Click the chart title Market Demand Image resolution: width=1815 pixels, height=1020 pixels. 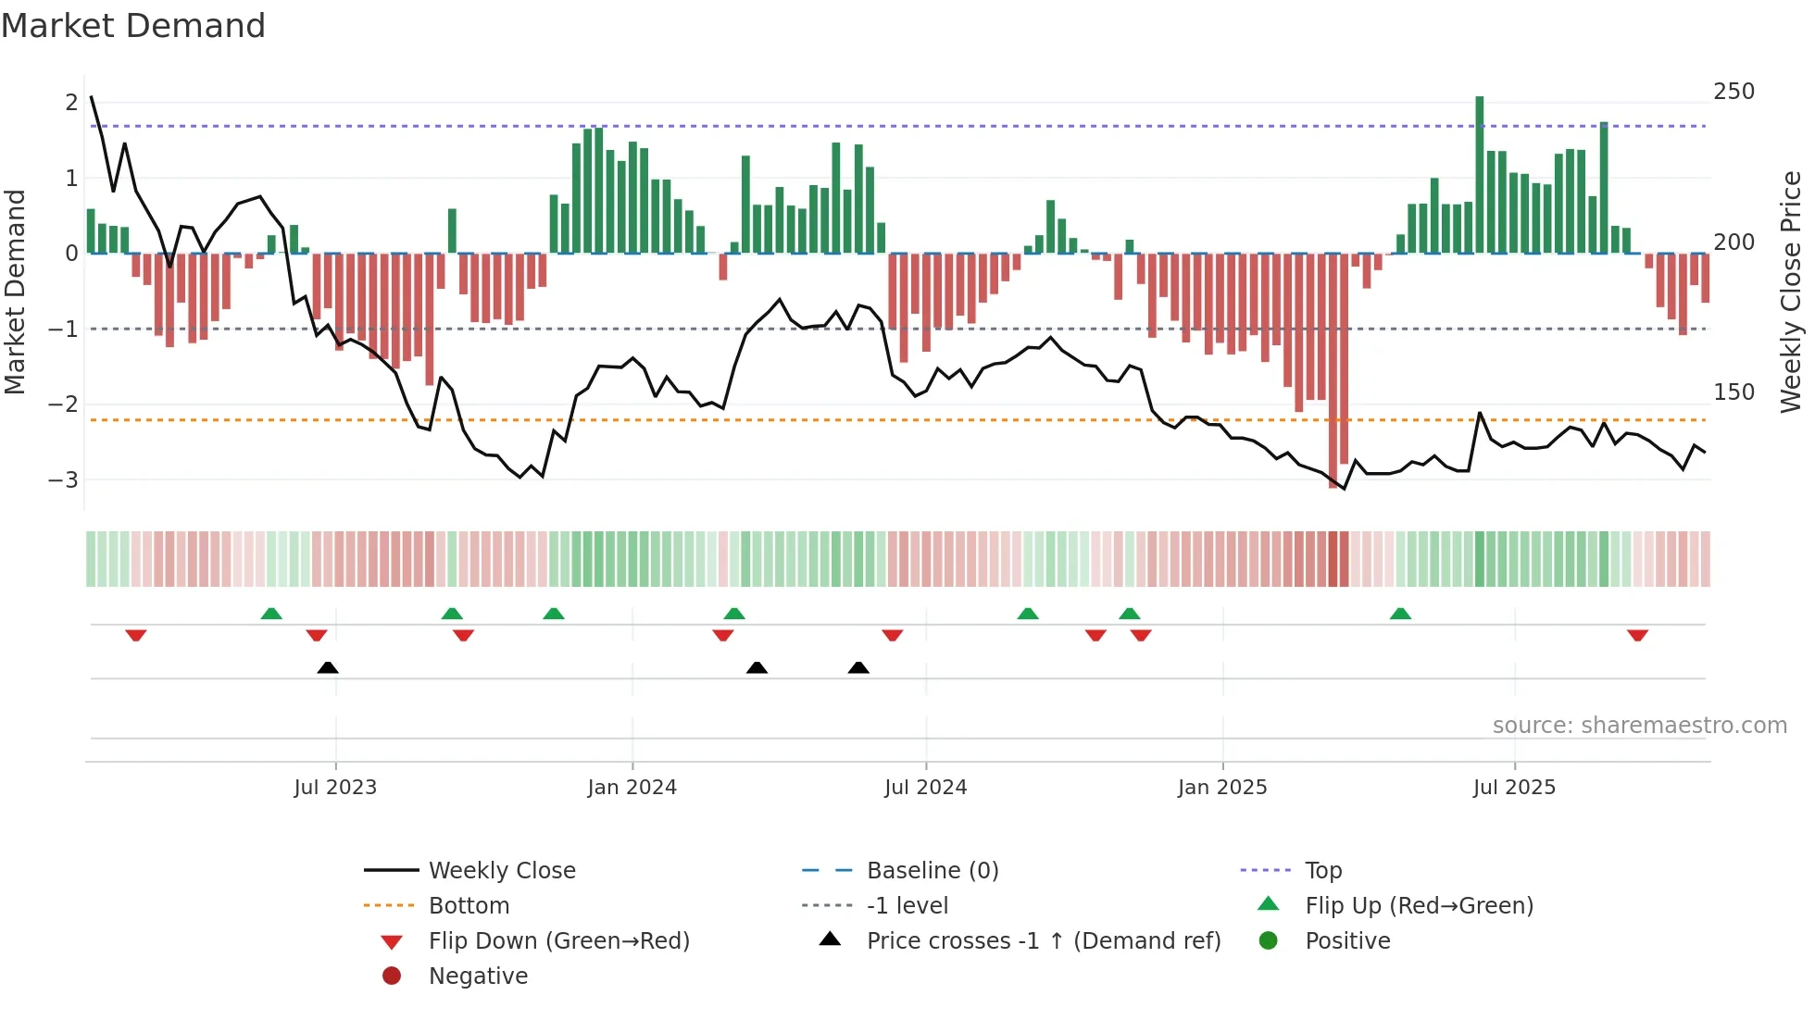[x=133, y=26]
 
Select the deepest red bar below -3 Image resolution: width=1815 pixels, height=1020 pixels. [x=1333, y=370]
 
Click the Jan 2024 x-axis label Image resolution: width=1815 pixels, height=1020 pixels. [x=632, y=788]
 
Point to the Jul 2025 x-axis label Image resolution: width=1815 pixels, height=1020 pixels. [x=1514, y=788]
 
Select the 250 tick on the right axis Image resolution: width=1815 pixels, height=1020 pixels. [x=1734, y=92]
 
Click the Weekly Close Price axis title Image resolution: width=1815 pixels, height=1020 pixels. [x=1791, y=292]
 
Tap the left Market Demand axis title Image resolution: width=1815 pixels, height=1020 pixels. [x=16, y=292]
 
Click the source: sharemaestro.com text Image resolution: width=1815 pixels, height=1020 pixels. [x=1639, y=726]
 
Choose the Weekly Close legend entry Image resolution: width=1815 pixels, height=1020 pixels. [x=501, y=871]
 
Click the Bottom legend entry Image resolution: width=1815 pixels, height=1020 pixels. [x=469, y=906]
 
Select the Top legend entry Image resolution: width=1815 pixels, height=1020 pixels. [x=1322, y=871]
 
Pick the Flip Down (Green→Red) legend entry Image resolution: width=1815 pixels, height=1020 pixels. [x=558, y=941]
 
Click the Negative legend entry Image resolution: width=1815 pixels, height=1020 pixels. [x=478, y=976]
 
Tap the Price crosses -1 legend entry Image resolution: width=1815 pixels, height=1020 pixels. [x=1043, y=941]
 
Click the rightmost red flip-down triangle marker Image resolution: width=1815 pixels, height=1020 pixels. [x=1637, y=635]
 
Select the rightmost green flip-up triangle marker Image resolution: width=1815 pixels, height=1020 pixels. [x=1400, y=614]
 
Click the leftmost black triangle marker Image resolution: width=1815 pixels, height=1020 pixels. [x=328, y=667]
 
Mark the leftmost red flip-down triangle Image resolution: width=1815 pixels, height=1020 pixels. [x=136, y=635]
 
